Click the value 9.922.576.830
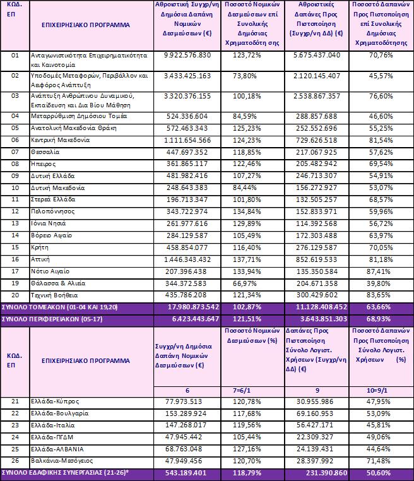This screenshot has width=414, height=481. point(186,55)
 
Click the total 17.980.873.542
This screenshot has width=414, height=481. point(186,307)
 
